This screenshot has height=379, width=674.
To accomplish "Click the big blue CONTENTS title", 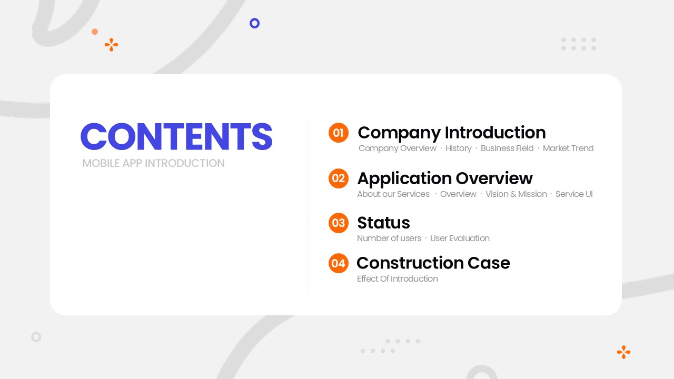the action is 176,136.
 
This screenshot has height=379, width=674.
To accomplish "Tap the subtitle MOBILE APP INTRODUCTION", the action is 153,163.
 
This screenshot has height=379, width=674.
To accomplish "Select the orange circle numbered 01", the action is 339,133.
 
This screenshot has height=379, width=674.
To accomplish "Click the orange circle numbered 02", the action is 339,178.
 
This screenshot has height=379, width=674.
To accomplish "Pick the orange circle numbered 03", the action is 339,223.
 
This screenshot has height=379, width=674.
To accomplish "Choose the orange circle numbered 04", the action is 339,263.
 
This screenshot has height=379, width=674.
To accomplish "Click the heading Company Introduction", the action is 452,133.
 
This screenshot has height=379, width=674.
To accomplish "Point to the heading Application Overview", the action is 445,178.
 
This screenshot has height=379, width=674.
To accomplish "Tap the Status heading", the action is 384,223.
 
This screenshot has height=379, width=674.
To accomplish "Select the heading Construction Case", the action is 433,263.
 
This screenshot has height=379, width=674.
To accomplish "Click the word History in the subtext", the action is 458,148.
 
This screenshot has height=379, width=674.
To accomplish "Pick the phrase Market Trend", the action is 568,148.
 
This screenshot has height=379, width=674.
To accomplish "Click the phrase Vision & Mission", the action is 516,194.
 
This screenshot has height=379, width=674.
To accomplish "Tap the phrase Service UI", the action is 574,194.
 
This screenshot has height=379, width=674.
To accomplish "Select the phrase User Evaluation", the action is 460,238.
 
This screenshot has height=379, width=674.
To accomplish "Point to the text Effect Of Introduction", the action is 398,279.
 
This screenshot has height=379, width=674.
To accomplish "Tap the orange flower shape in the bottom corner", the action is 623,352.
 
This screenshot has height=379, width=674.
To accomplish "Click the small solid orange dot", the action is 95,32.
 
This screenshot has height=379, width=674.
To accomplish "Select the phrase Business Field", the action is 507,148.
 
